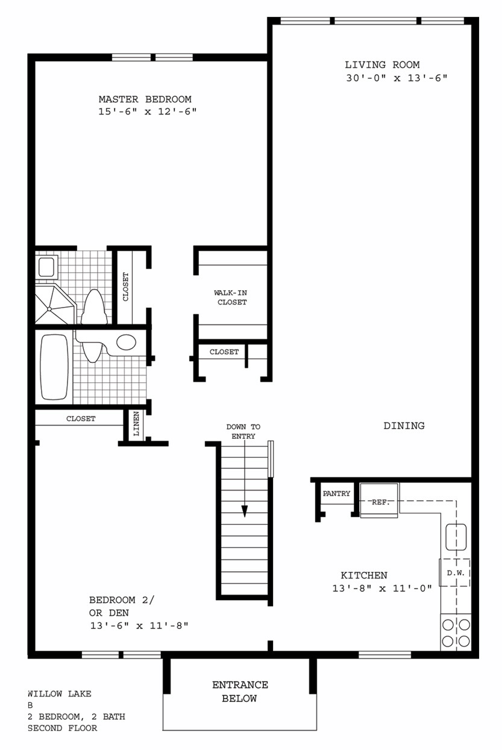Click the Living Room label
click(x=382, y=64)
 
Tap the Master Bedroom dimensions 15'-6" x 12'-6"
click(x=148, y=111)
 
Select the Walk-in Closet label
click(x=231, y=297)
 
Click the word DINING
click(x=404, y=426)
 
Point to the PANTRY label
click(x=336, y=494)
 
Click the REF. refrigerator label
click(x=380, y=502)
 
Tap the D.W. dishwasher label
click(x=456, y=573)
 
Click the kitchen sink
click(x=456, y=537)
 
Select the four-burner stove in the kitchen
click(x=456, y=633)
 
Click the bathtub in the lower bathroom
click(x=54, y=367)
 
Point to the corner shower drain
click(x=49, y=309)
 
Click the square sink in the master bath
click(x=46, y=267)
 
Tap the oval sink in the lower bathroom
click(x=126, y=342)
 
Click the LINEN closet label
click(x=136, y=424)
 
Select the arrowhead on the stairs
click(x=245, y=511)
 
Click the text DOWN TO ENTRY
click(x=243, y=432)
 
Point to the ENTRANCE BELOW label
click(x=240, y=692)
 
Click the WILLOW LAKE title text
click(x=59, y=694)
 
